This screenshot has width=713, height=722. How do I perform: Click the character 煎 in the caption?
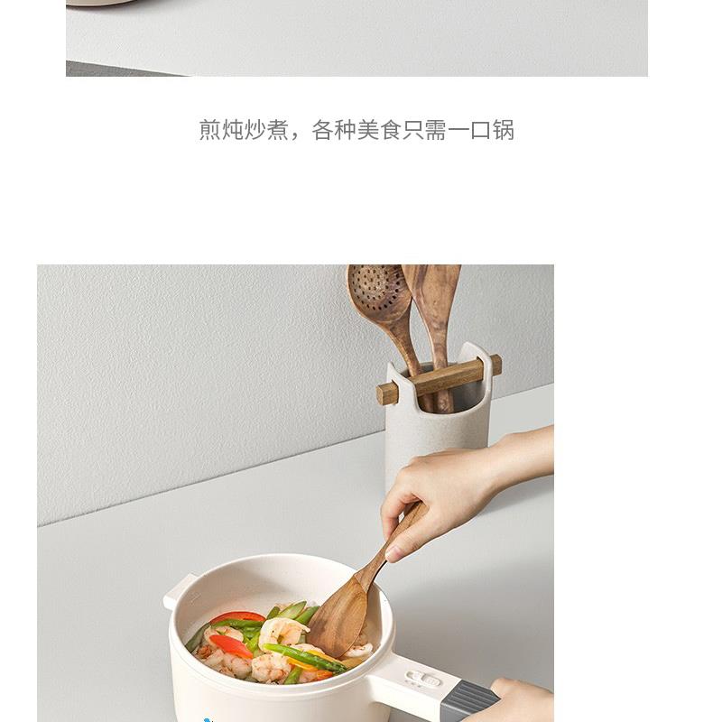tap(210, 130)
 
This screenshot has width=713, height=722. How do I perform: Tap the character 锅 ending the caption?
tap(504, 130)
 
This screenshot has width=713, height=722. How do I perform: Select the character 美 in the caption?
tap(368, 130)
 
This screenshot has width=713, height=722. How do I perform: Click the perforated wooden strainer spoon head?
tap(377, 291)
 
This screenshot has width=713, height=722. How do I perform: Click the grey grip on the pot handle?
tap(470, 700)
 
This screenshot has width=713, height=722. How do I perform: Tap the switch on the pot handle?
tap(422, 680)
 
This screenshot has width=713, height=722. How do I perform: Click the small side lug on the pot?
tap(177, 592)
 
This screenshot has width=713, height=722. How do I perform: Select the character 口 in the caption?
tap(481, 130)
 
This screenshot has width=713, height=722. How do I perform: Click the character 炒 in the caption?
tap(255, 130)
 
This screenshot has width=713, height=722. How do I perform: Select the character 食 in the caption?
tap(391, 130)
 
